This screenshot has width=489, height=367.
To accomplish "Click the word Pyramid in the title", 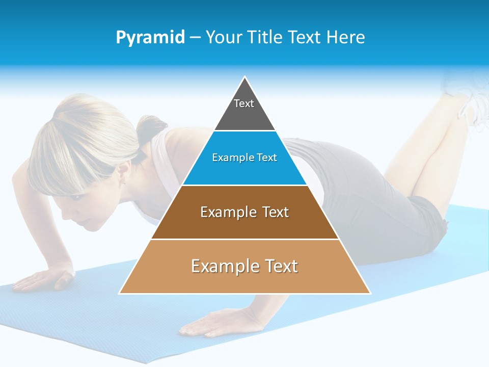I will point(150,38).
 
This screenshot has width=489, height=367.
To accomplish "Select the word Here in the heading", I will point(346,38).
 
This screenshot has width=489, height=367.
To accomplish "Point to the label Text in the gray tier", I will point(244,104).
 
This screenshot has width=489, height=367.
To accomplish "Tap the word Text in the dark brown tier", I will point(271,213).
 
